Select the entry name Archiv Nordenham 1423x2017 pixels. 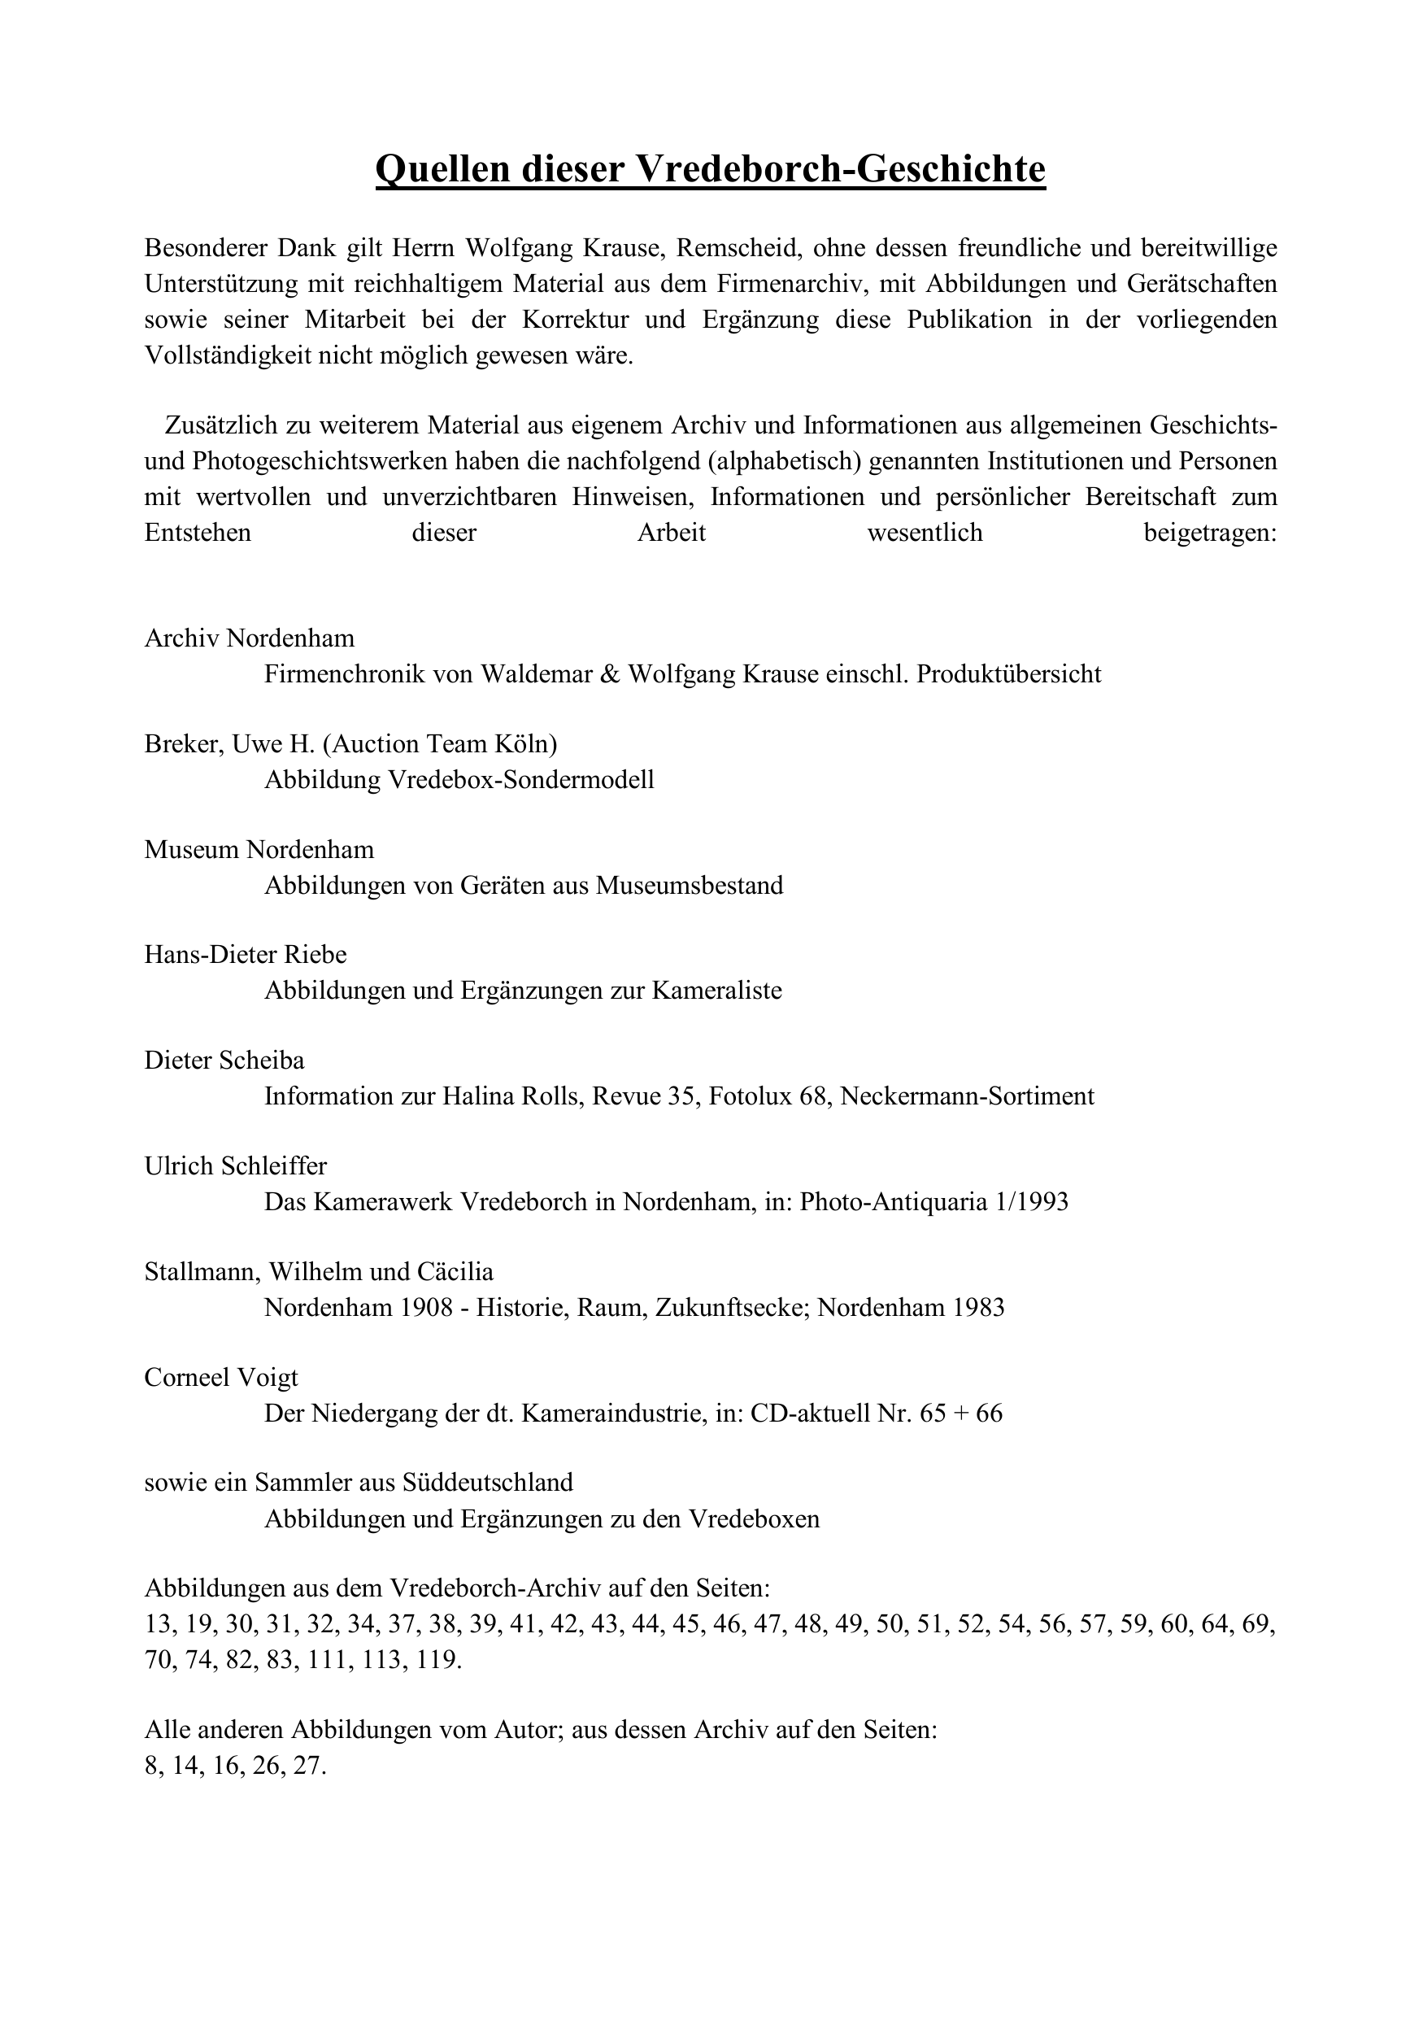[250, 638]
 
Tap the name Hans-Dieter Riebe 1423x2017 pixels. [246, 955]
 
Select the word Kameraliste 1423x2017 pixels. [716, 991]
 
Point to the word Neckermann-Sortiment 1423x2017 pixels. [967, 1096]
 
